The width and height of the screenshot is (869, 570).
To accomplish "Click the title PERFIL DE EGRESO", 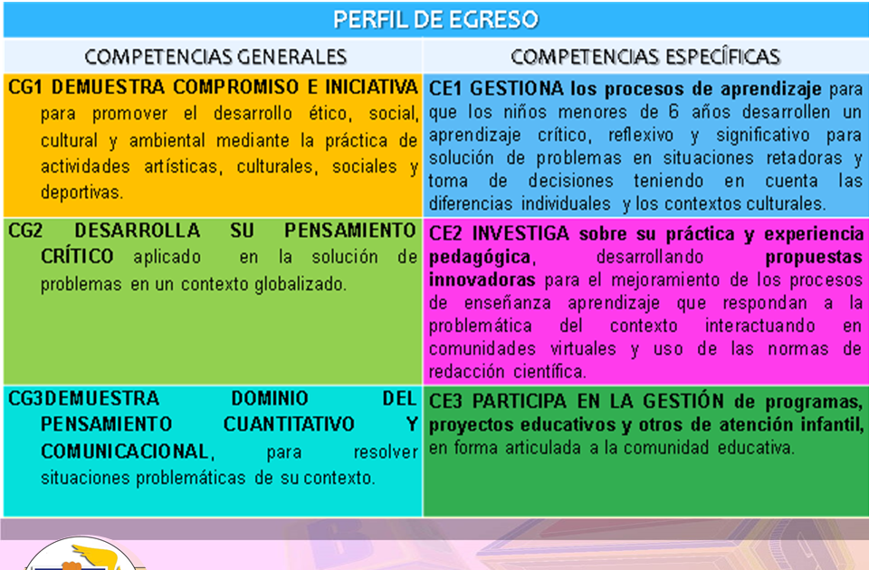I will [434, 19].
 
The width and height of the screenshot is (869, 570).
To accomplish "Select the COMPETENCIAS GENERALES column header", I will [215, 56].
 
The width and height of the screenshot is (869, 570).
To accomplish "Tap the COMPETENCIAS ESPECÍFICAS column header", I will [645, 56].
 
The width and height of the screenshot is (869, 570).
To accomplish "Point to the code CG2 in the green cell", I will [25, 231].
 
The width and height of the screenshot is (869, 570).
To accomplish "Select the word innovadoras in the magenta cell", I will [482, 279].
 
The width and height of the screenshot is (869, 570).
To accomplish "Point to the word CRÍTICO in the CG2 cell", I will [78, 257].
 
